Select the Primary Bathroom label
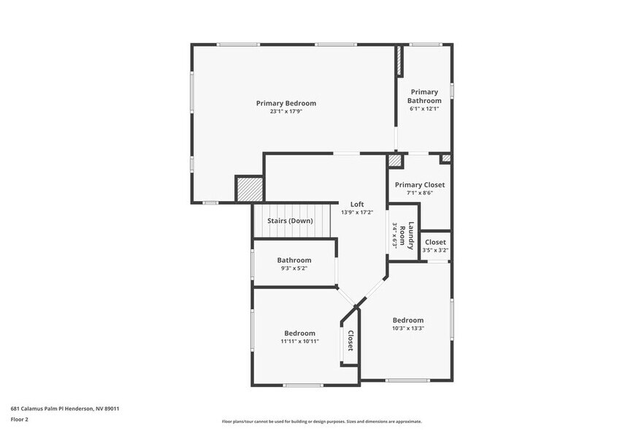coord(424,96)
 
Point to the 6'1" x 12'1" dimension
coord(424,109)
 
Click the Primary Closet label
coord(419,185)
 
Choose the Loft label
coord(357,204)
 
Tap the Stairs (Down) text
coord(290,221)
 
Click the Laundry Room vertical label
coord(411,235)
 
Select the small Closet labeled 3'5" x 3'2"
coord(435,242)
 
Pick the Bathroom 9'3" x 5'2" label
coord(294,260)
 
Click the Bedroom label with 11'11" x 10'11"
coord(299,333)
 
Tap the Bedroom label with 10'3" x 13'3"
coord(407,320)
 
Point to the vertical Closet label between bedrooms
coord(350,341)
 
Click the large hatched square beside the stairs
coord(248,189)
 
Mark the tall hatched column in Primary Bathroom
coord(399,62)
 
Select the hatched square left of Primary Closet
coord(394,160)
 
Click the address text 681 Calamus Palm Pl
coord(65,409)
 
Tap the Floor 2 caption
coord(20,420)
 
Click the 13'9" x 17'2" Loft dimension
coord(357,213)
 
